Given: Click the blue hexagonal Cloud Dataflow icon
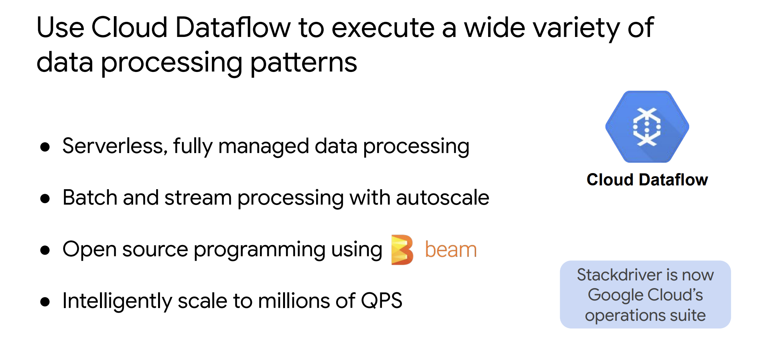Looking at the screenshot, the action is click(x=647, y=127).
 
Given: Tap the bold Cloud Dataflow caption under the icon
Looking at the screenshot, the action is click(x=647, y=180).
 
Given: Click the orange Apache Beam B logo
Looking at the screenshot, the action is click(x=402, y=250).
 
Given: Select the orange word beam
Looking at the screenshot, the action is click(x=451, y=250).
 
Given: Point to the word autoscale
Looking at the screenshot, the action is click(x=442, y=198).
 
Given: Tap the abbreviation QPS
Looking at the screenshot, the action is click(x=382, y=301).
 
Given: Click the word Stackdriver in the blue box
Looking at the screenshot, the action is click(x=619, y=275).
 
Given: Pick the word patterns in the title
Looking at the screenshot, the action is click(x=303, y=62).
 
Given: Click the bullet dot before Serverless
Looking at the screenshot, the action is click(x=45, y=147).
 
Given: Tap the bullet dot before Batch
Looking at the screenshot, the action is click(x=45, y=198).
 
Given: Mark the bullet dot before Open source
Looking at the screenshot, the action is click(x=45, y=250).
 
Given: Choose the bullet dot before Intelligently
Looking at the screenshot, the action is click(x=45, y=301).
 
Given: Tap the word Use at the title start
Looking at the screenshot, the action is click(x=60, y=28).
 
